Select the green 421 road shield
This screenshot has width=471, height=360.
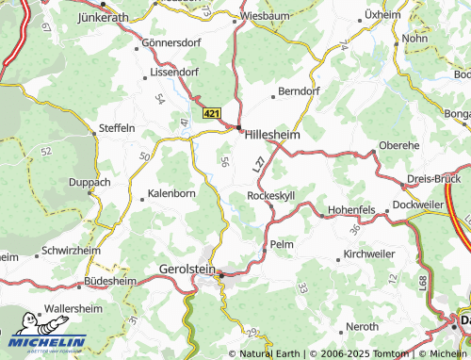click(x=213, y=113)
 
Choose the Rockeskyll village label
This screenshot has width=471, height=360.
click(x=270, y=195)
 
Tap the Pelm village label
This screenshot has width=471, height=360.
click(x=282, y=244)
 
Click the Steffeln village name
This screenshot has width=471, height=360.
click(x=117, y=127)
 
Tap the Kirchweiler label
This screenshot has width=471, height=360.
click(x=370, y=255)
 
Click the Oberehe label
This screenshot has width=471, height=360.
click(x=398, y=146)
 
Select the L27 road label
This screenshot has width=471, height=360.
click(x=258, y=162)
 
